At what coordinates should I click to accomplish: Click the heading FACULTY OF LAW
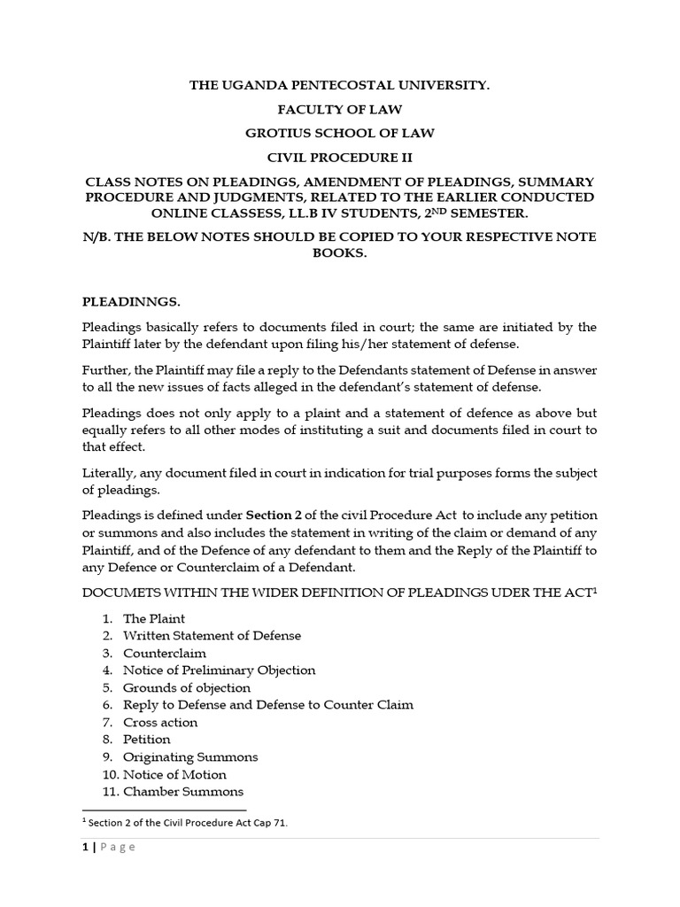tap(340, 110)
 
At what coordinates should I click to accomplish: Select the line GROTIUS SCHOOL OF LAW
tap(340, 133)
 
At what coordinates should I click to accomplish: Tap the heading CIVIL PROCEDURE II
tap(340, 157)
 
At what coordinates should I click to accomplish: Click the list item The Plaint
tap(154, 618)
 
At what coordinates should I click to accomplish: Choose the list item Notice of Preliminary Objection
tap(219, 670)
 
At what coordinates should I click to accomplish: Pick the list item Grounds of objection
tap(186, 687)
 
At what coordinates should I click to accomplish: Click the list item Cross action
tap(160, 722)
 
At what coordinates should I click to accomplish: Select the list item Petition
tap(146, 739)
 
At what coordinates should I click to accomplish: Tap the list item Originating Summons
tap(190, 756)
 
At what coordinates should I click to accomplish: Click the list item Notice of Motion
tap(174, 774)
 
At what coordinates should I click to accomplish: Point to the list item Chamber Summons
tap(182, 791)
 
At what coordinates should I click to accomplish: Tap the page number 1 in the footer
tap(85, 847)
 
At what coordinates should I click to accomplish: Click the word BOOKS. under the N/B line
tap(340, 252)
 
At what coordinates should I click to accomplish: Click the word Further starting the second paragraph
tap(104, 370)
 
